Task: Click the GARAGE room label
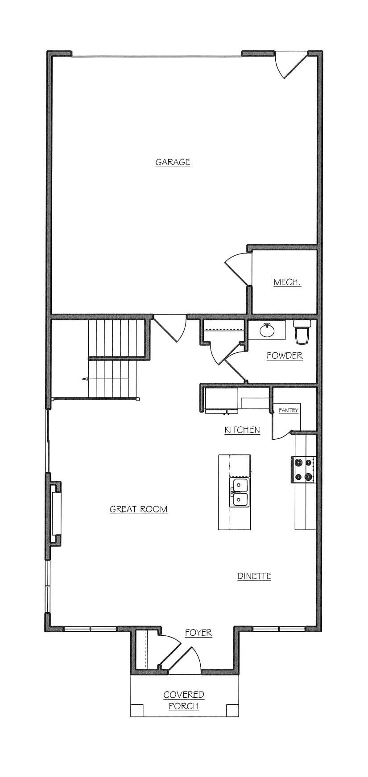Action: [173, 162]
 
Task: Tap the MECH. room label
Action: [287, 282]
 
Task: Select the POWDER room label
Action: [285, 356]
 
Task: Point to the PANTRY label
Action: [288, 410]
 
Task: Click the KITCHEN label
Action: [242, 430]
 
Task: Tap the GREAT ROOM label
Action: [139, 509]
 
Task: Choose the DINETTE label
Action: [254, 576]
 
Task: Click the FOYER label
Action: [198, 633]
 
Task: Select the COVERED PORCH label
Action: [184, 700]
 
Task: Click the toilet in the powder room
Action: [302, 332]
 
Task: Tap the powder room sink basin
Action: [267, 331]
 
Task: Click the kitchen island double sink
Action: [240, 493]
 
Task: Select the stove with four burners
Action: [304, 470]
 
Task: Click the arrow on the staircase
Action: [85, 379]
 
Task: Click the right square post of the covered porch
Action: [232, 711]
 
